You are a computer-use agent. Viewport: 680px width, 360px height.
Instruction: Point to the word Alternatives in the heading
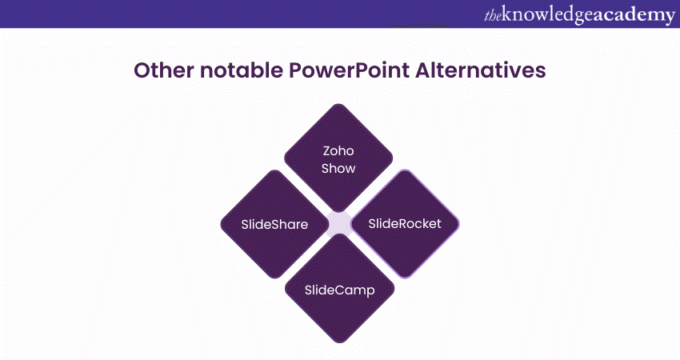pyautogui.click(x=480, y=71)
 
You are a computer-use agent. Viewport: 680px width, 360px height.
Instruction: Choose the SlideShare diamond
pyautogui.click(x=274, y=224)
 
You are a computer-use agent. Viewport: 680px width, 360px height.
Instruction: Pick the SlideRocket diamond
pyautogui.click(x=405, y=223)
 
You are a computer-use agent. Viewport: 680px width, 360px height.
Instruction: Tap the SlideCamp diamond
pyautogui.click(x=338, y=288)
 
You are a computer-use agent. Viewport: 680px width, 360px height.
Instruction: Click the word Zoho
pyautogui.click(x=338, y=150)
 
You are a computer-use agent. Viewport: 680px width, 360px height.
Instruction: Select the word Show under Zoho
pyautogui.click(x=338, y=168)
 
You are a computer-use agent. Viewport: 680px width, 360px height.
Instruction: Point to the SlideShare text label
pyautogui.click(x=274, y=224)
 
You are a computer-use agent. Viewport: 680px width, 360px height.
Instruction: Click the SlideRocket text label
pyautogui.click(x=405, y=223)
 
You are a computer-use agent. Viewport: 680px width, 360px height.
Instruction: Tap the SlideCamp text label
pyautogui.click(x=338, y=288)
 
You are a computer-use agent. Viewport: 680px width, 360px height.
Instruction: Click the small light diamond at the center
pyautogui.click(x=339, y=224)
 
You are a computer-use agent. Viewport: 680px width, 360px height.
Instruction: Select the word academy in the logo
pyautogui.click(x=631, y=14)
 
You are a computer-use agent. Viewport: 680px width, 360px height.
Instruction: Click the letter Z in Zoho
pyautogui.click(x=326, y=150)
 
